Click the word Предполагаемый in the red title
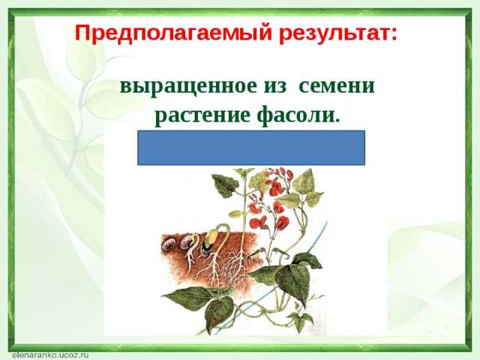coord(173,33)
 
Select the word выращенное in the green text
coord(188,87)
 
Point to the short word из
coord(275,87)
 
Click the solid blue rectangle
coord(251,148)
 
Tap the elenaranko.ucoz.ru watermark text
coord(50,355)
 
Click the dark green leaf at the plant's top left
coord(226,184)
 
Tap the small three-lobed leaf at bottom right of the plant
coord(301,318)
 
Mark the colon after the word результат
coord(393,35)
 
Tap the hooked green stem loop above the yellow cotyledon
coord(223,229)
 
